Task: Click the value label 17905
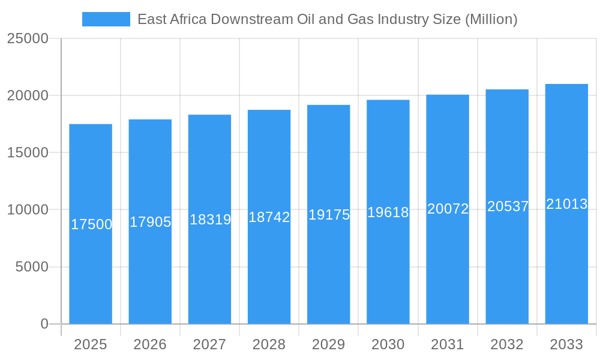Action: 150,222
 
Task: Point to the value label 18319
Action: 210,220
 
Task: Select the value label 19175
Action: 329,215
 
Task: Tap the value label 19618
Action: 388,212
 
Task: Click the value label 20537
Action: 508,206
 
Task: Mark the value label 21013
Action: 566,204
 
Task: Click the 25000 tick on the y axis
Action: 27,38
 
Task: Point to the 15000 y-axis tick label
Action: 27,153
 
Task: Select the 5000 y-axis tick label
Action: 31,267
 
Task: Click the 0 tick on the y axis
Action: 44,324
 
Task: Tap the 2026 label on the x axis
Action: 150,344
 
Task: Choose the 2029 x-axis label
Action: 329,344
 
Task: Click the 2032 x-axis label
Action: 507,344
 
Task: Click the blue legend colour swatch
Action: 106,19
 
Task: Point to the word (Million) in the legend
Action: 491,19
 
